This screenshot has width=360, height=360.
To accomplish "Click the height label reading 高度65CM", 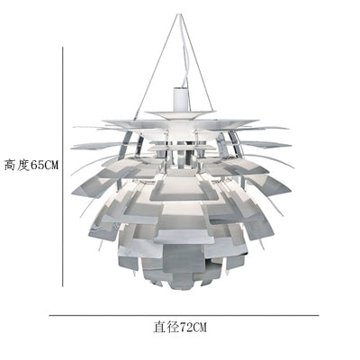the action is click(31, 165).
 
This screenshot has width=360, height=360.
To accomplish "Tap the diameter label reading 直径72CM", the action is click(180, 327).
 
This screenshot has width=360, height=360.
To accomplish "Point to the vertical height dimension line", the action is click(63, 166).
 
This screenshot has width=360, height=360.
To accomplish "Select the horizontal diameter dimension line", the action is click(184, 315).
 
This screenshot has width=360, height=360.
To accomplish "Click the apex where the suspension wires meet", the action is click(179, 14).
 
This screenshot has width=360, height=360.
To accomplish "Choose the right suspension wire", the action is click(196, 63).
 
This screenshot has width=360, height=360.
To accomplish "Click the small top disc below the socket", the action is click(181, 113).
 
